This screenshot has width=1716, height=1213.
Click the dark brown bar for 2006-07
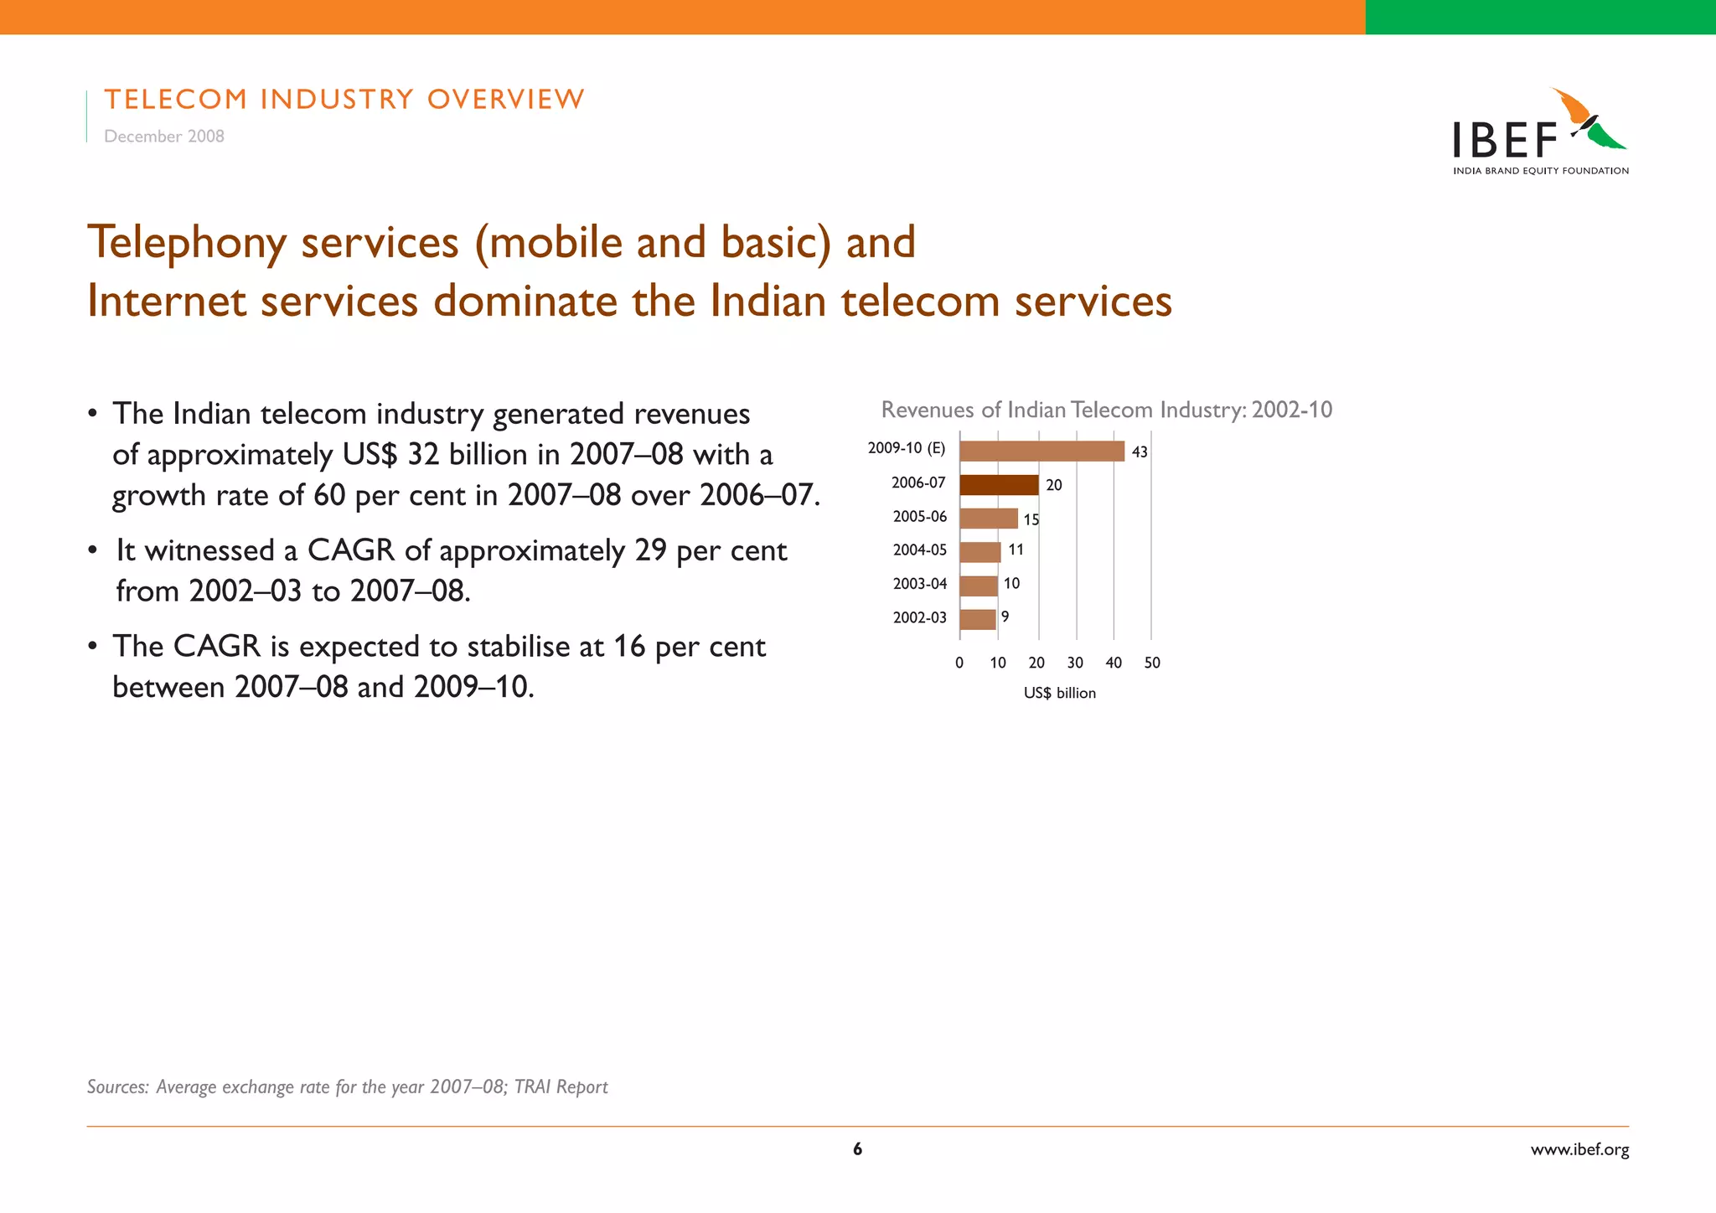[999, 485]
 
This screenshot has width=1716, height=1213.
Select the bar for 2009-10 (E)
[1041, 451]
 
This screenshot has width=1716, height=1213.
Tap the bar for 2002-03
[978, 619]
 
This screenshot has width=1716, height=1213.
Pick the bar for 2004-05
[980, 552]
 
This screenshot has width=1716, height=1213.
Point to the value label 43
[1140, 452]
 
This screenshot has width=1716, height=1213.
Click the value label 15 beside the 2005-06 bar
[1031, 519]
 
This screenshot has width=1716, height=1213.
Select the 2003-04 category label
[919, 584]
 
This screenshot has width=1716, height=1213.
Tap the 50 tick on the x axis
[1152, 663]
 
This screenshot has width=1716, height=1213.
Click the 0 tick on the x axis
[959, 663]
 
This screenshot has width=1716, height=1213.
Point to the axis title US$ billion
[1059, 694]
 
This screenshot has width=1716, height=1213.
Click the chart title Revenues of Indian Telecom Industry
[1106, 410]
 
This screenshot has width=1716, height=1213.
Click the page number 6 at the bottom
[857, 1149]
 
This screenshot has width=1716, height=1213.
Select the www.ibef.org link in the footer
[1579, 1149]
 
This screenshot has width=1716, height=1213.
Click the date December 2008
[164, 137]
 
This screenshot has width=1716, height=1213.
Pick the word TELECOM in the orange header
[176, 100]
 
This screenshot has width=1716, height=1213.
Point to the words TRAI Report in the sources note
[561, 1087]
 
